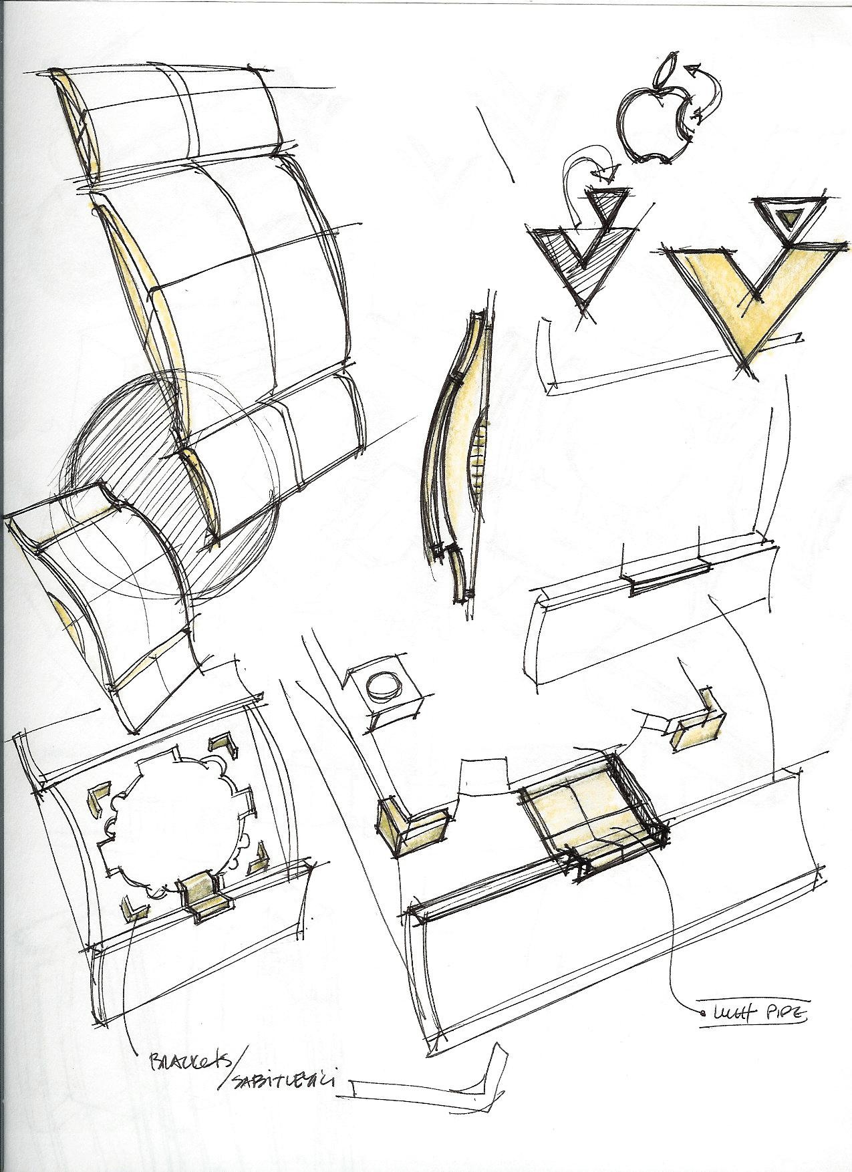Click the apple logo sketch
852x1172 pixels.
click(648, 126)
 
